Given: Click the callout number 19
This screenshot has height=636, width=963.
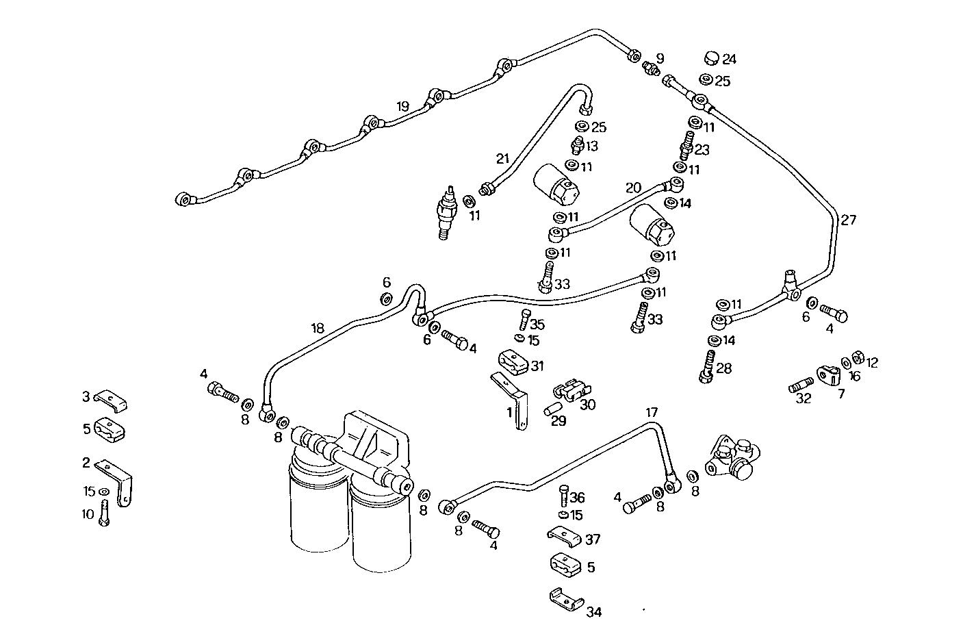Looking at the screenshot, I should (402, 106).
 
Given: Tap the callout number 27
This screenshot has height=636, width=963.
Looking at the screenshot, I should (849, 220).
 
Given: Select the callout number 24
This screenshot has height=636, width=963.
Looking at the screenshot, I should (729, 59).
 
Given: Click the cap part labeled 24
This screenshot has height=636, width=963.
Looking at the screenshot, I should (711, 57).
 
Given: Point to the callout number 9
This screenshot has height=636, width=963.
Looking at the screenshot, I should (660, 58).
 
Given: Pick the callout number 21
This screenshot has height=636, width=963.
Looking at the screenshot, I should (503, 159).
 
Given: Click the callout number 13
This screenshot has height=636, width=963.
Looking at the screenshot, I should (591, 146).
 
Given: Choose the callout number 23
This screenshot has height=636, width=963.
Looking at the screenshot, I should (702, 149).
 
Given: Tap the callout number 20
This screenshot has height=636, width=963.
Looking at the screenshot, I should (633, 188).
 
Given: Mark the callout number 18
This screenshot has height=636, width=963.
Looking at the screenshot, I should (318, 328).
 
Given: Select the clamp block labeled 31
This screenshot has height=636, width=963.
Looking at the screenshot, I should (512, 361).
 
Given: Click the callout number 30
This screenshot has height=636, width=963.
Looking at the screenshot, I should (588, 405).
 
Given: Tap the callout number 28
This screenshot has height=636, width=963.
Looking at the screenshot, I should (723, 368).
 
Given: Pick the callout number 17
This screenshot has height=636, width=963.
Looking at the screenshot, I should (652, 412).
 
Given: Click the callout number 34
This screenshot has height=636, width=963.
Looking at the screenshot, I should (594, 612).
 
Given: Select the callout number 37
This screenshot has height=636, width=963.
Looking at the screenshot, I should (593, 539).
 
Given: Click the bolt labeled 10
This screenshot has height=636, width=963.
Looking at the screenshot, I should (103, 513).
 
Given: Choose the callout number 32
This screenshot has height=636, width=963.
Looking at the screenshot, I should (803, 398).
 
